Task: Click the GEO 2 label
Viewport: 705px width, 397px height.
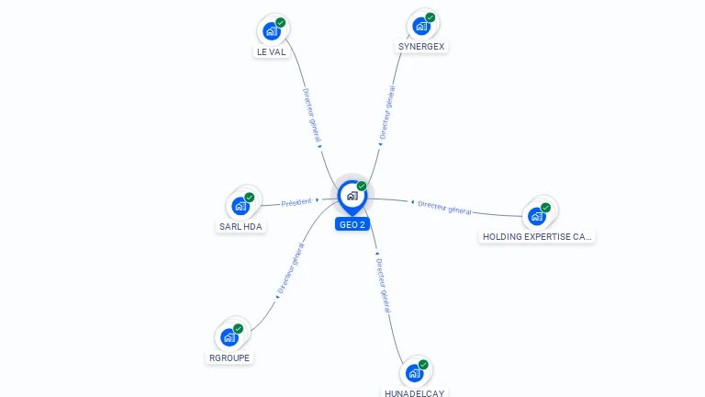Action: tap(352, 224)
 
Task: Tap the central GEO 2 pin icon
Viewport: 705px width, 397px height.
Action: tap(352, 197)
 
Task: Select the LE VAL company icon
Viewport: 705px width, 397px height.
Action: tap(272, 31)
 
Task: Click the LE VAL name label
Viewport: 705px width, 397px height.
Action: tap(271, 51)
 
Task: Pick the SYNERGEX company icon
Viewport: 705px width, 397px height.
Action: tap(421, 26)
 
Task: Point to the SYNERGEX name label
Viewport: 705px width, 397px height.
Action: tap(421, 46)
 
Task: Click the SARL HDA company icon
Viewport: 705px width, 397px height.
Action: tap(241, 206)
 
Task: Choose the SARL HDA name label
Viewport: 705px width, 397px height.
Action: tap(241, 226)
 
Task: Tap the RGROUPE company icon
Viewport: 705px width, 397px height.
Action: tap(229, 337)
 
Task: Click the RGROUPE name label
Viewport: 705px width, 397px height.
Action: tap(229, 357)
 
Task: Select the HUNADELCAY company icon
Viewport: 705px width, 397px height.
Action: tap(415, 373)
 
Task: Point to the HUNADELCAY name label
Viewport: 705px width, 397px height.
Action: tap(415, 393)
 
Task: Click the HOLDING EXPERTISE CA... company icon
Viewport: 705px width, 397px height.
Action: tap(537, 217)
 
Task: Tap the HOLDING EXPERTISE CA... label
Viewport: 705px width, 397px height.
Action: tap(537, 237)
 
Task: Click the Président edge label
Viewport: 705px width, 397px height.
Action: tap(297, 202)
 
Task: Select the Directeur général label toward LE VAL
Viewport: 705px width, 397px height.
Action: tap(311, 115)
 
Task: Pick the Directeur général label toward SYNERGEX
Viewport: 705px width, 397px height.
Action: tap(387, 112)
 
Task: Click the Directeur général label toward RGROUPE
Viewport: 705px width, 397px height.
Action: tap(290, 268)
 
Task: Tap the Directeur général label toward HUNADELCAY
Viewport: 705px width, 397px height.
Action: tap(383, 286)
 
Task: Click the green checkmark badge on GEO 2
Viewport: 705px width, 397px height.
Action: tap(362, 186)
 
